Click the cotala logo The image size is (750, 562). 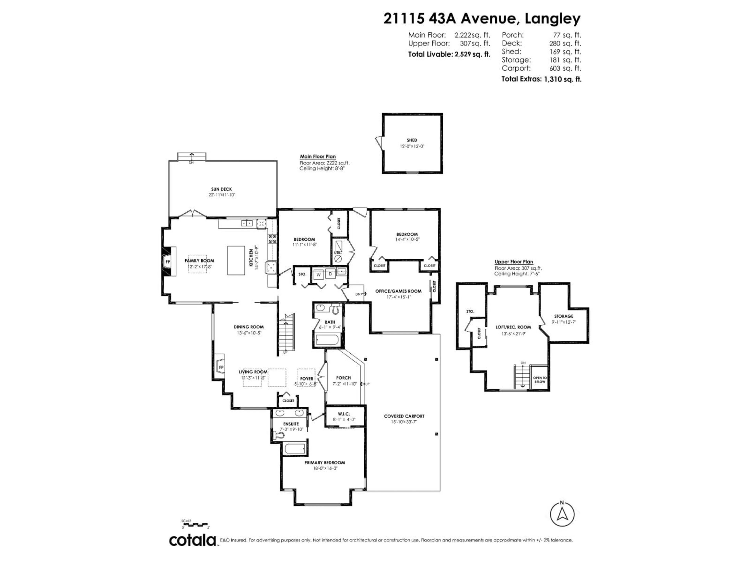pos(193,540)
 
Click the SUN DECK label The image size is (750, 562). pos(221,189)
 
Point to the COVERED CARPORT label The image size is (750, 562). pos(404,416)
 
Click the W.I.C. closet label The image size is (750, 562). pos(344,414)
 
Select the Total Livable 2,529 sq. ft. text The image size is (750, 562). pos(449,54)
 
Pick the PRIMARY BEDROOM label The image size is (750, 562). pos(324,463)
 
